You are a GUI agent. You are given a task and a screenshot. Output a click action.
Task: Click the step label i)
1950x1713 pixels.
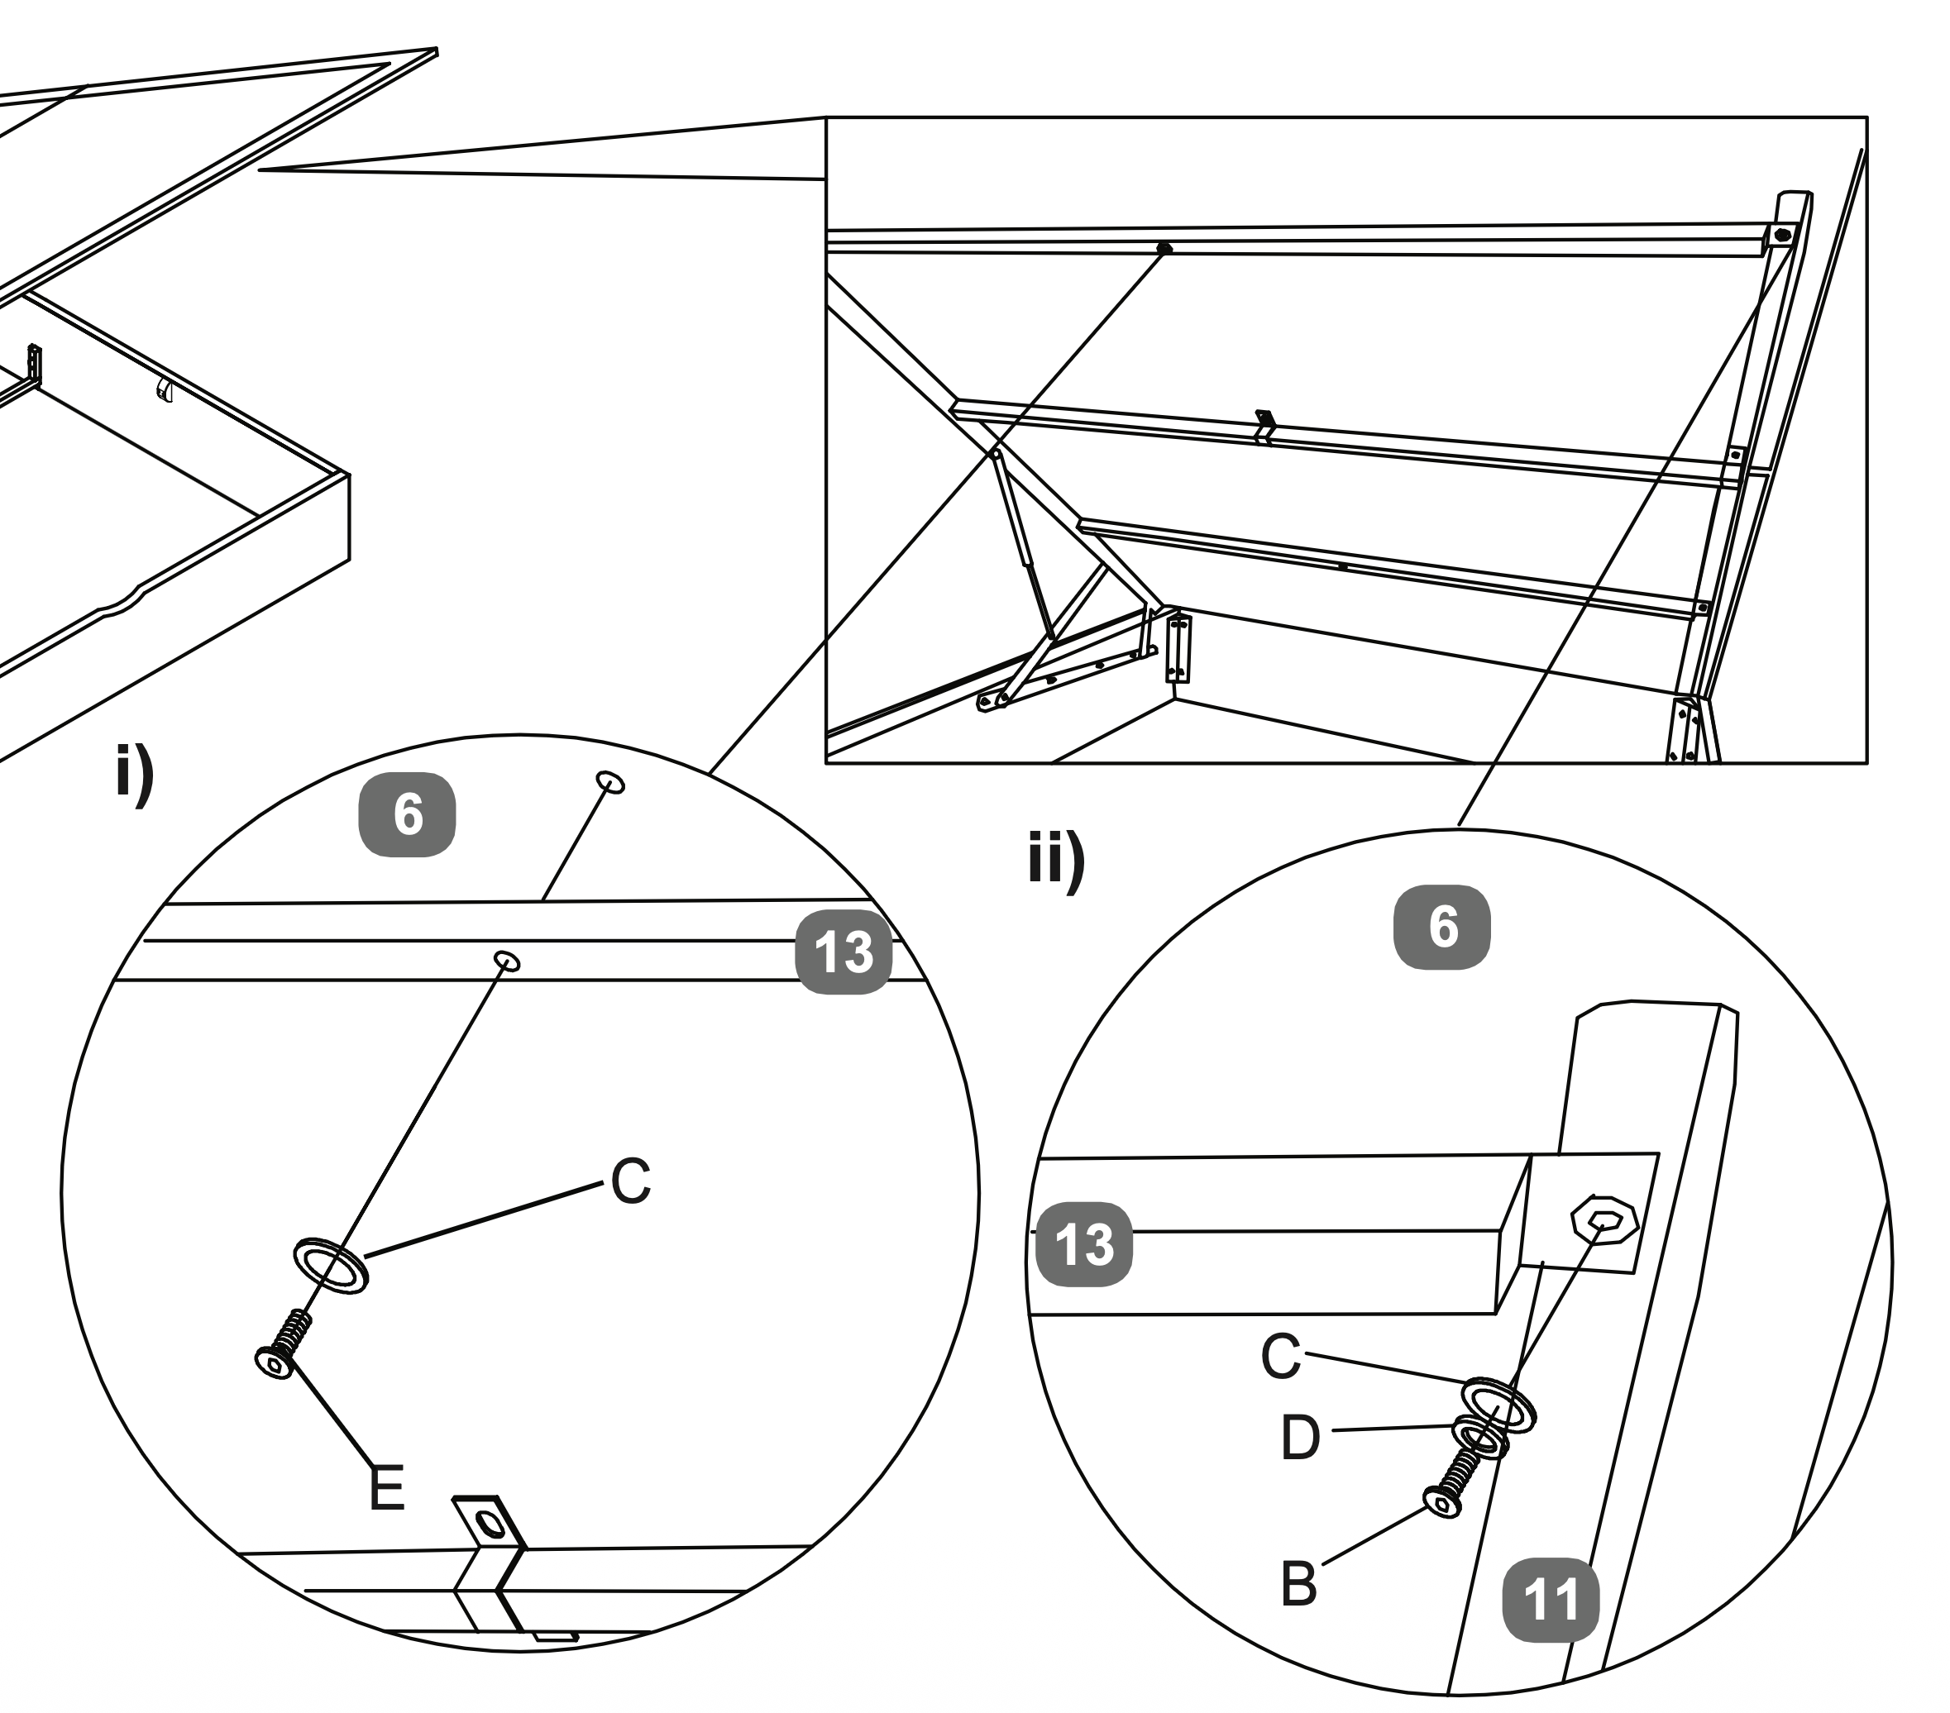135,775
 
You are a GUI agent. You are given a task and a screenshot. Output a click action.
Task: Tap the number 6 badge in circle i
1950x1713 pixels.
408,814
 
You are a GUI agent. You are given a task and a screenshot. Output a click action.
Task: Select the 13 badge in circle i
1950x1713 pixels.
844,952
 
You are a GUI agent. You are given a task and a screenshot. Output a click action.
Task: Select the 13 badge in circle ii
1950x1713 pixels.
1085,1245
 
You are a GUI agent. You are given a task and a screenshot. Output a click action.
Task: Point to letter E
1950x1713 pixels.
386,1488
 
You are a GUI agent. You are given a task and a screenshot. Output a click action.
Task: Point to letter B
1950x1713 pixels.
1298,1585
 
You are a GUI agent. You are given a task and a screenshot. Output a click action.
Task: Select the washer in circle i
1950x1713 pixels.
330,1267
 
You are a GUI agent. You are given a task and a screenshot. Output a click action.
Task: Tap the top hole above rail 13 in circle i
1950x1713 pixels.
610,782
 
